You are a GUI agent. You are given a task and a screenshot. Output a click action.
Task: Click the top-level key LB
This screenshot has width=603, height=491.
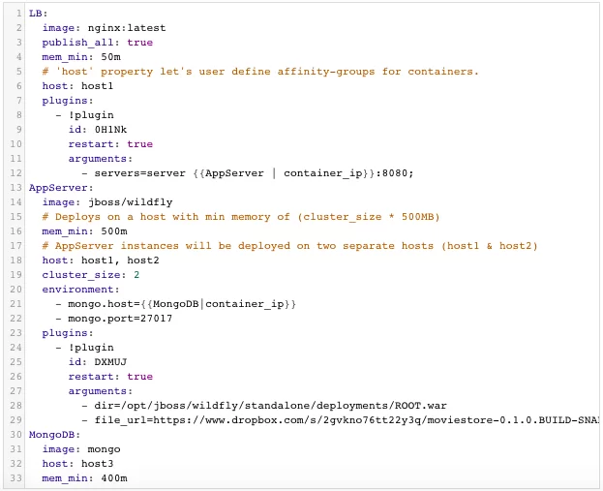pyautogui.click(x=36, y=14)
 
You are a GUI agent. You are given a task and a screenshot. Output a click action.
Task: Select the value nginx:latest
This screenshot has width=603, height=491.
pyautogui.click(x=127, y=28)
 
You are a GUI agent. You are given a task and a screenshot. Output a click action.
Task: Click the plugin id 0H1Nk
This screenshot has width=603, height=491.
pyautogui.click(x=110, y=130)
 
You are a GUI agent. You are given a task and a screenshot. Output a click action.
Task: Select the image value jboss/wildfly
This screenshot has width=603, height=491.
pyautogui.click(x=131, y=202)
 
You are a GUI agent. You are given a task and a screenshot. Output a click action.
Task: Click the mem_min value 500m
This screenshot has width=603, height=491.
pyautogui.click(x=114, y=231)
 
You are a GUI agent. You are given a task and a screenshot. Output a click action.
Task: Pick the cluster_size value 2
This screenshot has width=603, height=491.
pyautogui.click(x=136, y=275)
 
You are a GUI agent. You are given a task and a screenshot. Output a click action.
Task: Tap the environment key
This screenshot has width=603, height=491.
pyautogui.click(x=78, y=290)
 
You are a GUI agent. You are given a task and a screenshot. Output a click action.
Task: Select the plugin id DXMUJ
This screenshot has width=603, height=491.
pyautogui.click(x=110, y=362)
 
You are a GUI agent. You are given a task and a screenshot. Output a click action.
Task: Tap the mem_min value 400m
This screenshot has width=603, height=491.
pyautogui.click(x=114, y=478)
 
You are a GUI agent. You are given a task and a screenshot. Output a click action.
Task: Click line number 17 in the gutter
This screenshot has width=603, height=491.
pyautogui.click(x=15, y=246)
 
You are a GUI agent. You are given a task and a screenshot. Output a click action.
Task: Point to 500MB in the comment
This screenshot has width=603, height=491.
pyautogui.click(x=417, y=217)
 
